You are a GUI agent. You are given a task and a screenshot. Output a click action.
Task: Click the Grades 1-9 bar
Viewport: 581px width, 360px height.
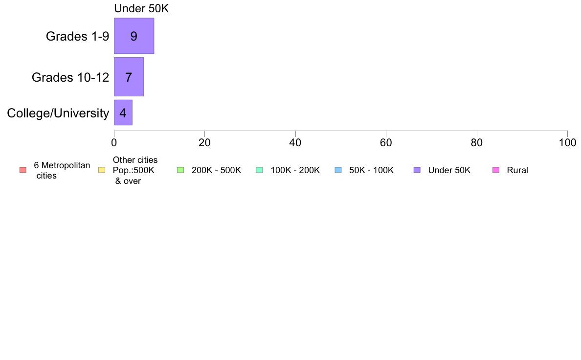click(x=134, y=36)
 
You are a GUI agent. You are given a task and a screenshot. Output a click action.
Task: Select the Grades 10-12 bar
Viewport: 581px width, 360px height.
click(x=129, y=77)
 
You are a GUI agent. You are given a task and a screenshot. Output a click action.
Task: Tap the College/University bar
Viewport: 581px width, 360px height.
click(x=123, y=112)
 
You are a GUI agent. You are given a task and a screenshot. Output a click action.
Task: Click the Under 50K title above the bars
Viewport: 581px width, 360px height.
click(x=141, y=8)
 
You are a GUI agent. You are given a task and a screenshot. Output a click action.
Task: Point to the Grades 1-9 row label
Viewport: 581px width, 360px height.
click(x=77, y=36)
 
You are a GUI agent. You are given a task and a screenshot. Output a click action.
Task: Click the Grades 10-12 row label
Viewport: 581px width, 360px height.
click(x=70, y=77)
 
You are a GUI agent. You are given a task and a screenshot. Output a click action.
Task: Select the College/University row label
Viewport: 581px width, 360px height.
click(x=58, y=113)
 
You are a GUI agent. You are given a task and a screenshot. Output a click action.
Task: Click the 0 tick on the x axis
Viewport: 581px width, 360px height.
click(x=114, y=143)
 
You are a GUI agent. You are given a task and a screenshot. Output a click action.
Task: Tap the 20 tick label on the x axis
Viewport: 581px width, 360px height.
click(x=204, y=143)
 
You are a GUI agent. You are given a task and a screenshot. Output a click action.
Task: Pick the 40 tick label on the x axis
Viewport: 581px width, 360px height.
click(x=295, y=143)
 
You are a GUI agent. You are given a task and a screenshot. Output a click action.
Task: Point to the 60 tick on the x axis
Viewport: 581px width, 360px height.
click(x=386, y=143)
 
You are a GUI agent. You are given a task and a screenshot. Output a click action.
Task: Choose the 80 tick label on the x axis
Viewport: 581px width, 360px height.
click(x=477, y=143)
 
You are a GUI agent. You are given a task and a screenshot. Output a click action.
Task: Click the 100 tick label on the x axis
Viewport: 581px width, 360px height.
click(x=567, y=143)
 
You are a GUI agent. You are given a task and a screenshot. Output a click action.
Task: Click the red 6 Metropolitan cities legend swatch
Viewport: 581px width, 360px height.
click(x=23, y=170)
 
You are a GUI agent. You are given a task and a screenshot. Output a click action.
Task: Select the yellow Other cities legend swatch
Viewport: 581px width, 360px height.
click(x=102, y=170)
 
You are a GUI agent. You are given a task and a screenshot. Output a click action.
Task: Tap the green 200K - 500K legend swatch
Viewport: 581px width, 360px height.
click(x=180, y=170)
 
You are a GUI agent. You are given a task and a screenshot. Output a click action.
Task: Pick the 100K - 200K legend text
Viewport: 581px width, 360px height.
click(x=295, y=170)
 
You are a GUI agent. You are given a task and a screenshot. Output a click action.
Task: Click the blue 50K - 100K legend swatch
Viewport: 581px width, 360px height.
click(x=338, y=170)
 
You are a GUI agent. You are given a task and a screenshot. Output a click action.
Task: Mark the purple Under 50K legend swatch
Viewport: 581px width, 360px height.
click(x=417, y=170)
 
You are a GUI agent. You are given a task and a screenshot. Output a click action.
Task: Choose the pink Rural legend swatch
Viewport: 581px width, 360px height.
click(x=496, y=170)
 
